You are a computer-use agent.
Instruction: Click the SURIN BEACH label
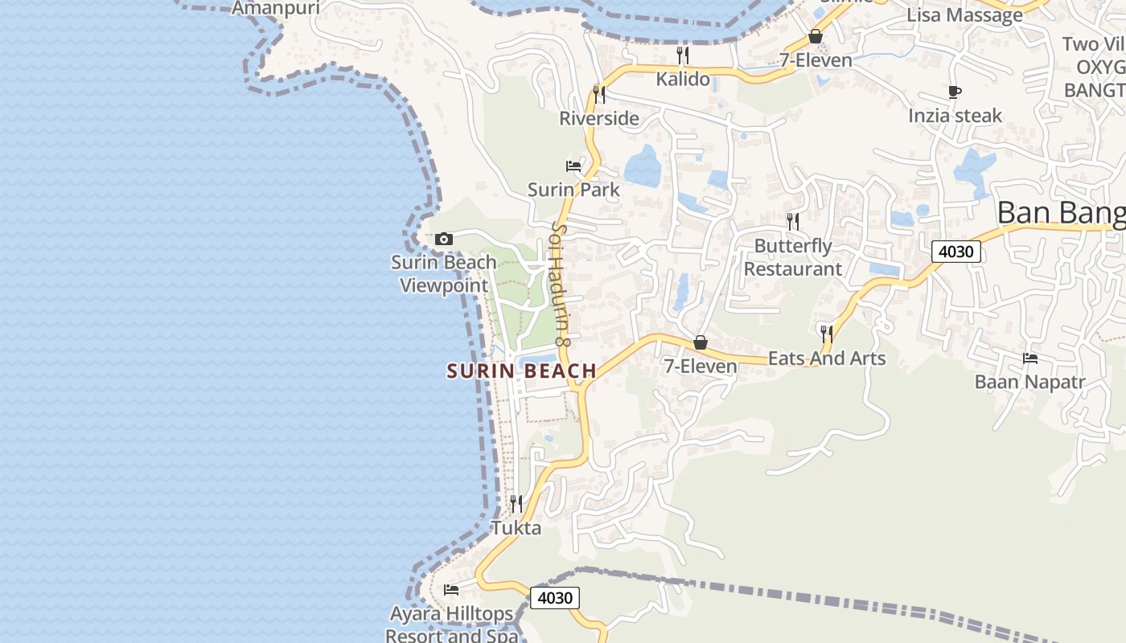point(521,371)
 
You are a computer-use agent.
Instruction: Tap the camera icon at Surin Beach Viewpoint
point(443,239)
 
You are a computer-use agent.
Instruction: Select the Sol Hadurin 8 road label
point(560,285)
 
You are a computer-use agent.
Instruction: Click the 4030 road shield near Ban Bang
point(956,252)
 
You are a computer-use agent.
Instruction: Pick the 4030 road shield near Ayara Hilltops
point(554,598)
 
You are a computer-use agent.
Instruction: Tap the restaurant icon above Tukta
point(516,504)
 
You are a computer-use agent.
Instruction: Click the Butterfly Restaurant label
point(792,257)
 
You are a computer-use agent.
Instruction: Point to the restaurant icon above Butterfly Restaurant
point(793,221)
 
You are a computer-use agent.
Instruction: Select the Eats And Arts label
point(827,358)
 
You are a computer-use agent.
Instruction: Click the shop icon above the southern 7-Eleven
point(701,343)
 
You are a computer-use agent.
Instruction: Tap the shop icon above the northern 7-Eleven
point(816,36)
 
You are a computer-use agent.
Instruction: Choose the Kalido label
point(683,79)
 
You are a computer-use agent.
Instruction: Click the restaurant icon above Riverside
point(599,94)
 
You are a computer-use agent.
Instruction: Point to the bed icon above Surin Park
point(573,166)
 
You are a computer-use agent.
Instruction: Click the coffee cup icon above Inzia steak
point(955,92)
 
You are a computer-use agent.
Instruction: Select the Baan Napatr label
point(1029,382)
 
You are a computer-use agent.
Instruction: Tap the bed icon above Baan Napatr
point(1029,358)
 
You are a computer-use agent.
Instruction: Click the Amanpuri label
point(276,8)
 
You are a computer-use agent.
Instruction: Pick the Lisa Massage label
point(964,14)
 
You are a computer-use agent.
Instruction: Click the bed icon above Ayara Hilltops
point(451,590)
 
